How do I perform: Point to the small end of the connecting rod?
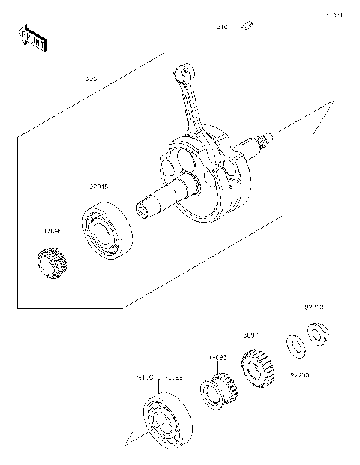(180, 73)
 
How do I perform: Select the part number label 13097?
(249, 335)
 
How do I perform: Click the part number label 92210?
(314, 307)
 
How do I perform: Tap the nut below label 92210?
(318, 332)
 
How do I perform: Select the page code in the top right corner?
(334, 13)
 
